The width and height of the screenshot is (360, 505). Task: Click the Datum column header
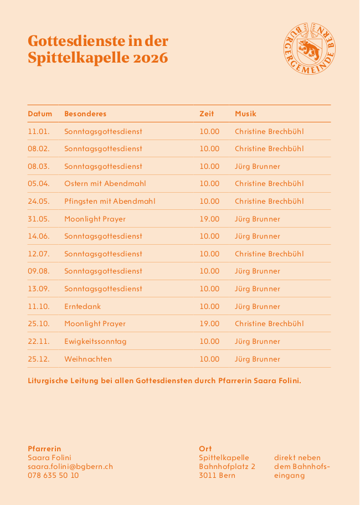40,114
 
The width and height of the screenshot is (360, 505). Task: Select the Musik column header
245,114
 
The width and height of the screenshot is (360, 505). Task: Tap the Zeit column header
207,114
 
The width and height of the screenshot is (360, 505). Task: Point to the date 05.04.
39,184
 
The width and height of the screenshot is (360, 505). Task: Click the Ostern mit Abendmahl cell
105,184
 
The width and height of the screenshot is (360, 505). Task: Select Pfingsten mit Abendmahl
110,202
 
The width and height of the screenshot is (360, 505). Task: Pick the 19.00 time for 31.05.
209,219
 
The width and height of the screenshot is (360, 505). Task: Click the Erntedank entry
83,307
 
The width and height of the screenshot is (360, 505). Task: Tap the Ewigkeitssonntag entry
95,342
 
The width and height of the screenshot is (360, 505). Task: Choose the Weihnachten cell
88,359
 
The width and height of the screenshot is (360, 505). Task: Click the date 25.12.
39,359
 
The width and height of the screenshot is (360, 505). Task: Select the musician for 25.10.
269,324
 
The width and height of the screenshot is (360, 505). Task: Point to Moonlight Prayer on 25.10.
95,324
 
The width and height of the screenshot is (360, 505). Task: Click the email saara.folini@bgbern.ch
70,467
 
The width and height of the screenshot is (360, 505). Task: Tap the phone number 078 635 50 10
53,476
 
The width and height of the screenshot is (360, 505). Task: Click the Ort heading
205,449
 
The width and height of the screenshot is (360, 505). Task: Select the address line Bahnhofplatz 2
227,467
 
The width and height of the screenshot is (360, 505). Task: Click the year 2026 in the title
150,58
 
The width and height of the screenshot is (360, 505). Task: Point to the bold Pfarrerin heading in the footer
44,449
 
